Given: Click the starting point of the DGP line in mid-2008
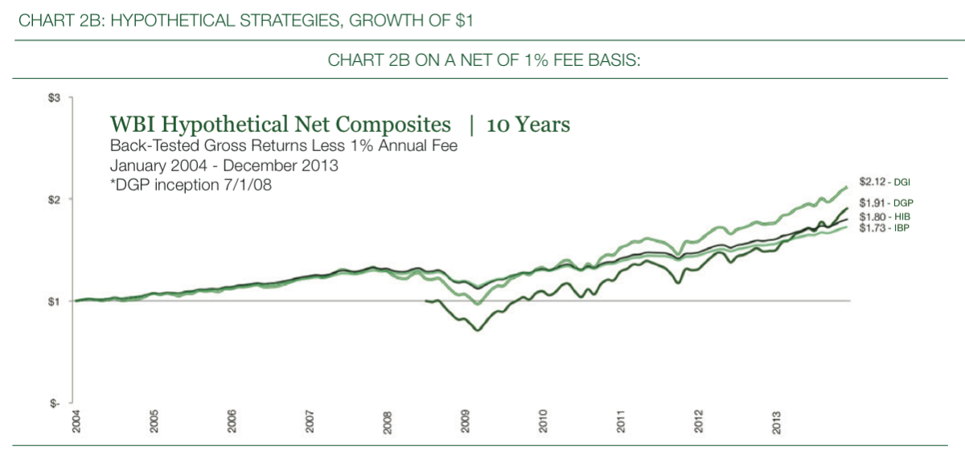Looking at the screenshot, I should pyautogui.click(x=425, y=301).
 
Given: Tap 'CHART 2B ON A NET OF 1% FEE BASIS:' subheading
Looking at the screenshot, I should pyautogui.click(x=483, y=62).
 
